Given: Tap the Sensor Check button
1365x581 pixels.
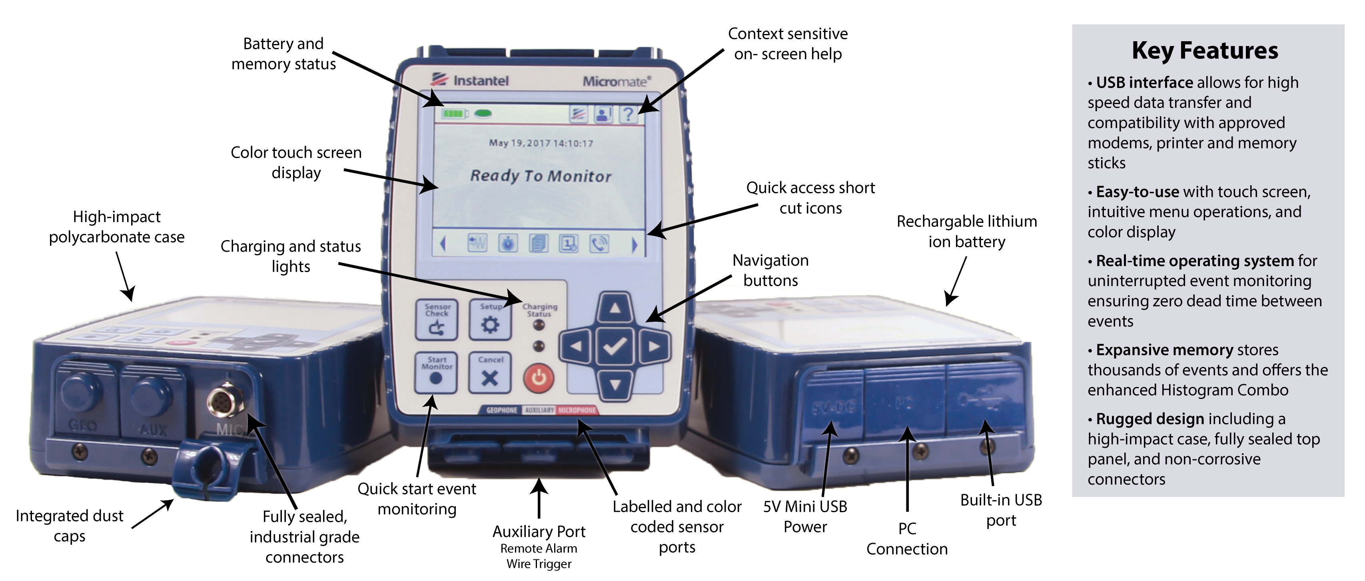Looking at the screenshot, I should (436, 320).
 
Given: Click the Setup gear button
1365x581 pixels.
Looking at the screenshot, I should (490, 320).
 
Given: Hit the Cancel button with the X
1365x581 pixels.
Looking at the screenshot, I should (490, 373).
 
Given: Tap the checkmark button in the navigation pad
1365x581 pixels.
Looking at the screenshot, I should (615, 347).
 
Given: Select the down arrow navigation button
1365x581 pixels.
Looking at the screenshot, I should (615, 384).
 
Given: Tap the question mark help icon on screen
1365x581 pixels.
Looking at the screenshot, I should (628, 114).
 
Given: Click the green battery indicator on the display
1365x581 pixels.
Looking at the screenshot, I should (455, 114).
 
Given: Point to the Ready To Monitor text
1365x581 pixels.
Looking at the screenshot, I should (541, 176).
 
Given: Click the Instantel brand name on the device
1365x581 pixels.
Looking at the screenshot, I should (480, 80).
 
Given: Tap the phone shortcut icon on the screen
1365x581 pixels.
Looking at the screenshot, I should (599, 244).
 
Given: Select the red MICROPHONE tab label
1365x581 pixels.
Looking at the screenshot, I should (577, 410).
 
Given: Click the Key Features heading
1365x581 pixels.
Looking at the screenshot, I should (1204, 51).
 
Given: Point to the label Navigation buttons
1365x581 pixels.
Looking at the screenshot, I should (770, 270).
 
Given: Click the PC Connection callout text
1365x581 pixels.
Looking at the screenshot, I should (907, 539).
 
